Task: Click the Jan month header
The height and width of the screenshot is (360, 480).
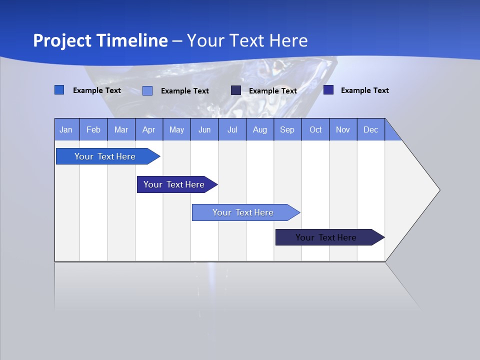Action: point(66,129)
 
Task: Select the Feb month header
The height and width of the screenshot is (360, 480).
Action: point(93,129)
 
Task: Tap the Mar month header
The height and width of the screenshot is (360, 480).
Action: point(121,129)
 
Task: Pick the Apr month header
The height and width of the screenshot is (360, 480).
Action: point(149,129)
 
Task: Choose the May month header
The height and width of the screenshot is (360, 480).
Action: point(176,129)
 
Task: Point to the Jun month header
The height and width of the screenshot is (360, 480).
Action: point(204,129)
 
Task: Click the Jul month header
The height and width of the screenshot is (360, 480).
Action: point(232,129)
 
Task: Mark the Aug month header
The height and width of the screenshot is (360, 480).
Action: point(260,129)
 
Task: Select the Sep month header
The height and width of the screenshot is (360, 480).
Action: point(287,129)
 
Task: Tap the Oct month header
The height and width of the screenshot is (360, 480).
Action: point(315,129)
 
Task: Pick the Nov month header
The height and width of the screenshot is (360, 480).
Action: point(343,129)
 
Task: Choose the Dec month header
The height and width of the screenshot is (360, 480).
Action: point(371,129)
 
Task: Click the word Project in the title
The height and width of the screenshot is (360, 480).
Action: point(62,40)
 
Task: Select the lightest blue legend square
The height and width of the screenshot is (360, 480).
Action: point(147,90)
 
